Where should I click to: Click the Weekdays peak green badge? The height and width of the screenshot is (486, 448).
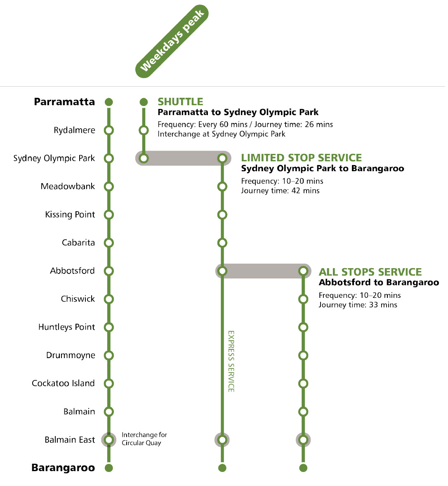pos(172,41)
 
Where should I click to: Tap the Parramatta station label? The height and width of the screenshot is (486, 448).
pos(64,102)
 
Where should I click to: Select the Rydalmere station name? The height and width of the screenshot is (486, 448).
pos(74,130)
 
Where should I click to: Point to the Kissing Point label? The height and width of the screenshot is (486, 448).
pos(70,215)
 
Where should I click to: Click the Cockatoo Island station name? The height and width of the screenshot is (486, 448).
pos(63,383)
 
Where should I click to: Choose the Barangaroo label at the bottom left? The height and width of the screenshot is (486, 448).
pos(63,468)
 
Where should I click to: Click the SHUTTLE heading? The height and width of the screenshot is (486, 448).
pos(180,102)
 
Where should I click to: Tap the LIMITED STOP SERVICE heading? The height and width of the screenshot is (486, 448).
pos(301,158)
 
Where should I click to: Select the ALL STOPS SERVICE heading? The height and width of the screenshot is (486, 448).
pos(370,272)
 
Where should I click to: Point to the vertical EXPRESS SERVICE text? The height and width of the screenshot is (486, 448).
pos(231,361)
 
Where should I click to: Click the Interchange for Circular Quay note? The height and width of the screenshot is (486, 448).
pos(144,439)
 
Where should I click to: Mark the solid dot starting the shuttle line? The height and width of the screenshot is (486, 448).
pos(144,102)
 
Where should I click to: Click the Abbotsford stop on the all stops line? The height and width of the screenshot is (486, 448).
pos(303,271)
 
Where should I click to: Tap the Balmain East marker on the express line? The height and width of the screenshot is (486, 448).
pos(222,440)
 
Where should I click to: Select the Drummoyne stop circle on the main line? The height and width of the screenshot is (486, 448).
pos(109,355)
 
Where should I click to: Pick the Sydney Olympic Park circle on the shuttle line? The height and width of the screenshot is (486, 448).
pos(144,158)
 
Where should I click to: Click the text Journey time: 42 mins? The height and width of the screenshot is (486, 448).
pos(280,191)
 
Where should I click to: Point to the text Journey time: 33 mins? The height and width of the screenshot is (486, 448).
pos(358,305)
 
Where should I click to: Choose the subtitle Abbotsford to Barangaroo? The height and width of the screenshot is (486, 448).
pos(379,283)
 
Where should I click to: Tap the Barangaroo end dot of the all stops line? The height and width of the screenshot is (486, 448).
pos(303,468)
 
